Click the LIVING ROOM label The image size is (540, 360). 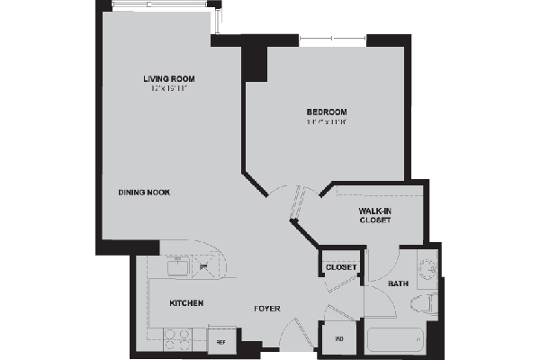click(x=169, y=79)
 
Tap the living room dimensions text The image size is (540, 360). click(x=169, y=89)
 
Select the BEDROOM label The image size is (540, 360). click(x=326, y=112)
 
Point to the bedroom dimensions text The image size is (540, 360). click(x=326, y=123)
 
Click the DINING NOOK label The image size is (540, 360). click(x=144, y=193)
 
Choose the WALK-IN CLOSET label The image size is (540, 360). click(x=373, y=215)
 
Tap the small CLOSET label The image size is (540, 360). click(x=342, y=267)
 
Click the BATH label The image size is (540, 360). click(x=398, y=284)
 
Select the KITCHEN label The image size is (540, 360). click(x=186, y=303)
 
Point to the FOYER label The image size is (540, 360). click(x=266, y=309)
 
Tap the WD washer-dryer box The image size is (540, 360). click(x=339, y=338)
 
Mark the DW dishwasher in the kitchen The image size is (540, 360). click(x=203, y=267)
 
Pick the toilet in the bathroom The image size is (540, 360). click(x=429, y=304)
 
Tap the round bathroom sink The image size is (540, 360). click(x=429, y=268)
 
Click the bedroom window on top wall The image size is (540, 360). click(x=332, y=38)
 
